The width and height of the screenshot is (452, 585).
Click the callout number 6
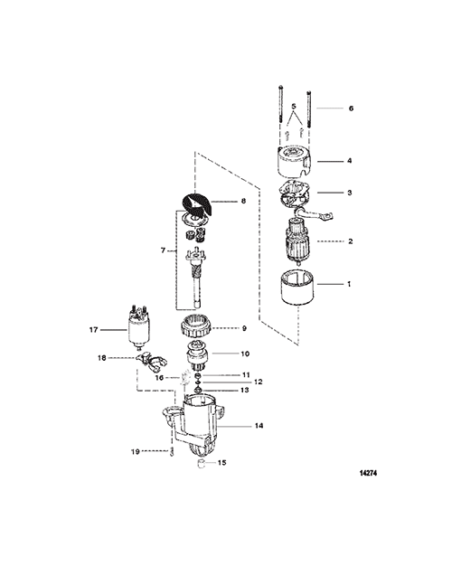click(x=351, y=109)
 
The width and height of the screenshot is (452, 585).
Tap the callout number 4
click(x=350, y=161)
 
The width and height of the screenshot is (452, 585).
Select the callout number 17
click(x=93, y=330)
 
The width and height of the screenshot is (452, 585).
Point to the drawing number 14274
click(x=368, y=473)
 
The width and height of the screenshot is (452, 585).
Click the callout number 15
click(x=221, y=463)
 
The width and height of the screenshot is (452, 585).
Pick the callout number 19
click(x=136, y=451)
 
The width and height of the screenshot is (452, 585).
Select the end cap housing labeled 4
click(x=295, y=161)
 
